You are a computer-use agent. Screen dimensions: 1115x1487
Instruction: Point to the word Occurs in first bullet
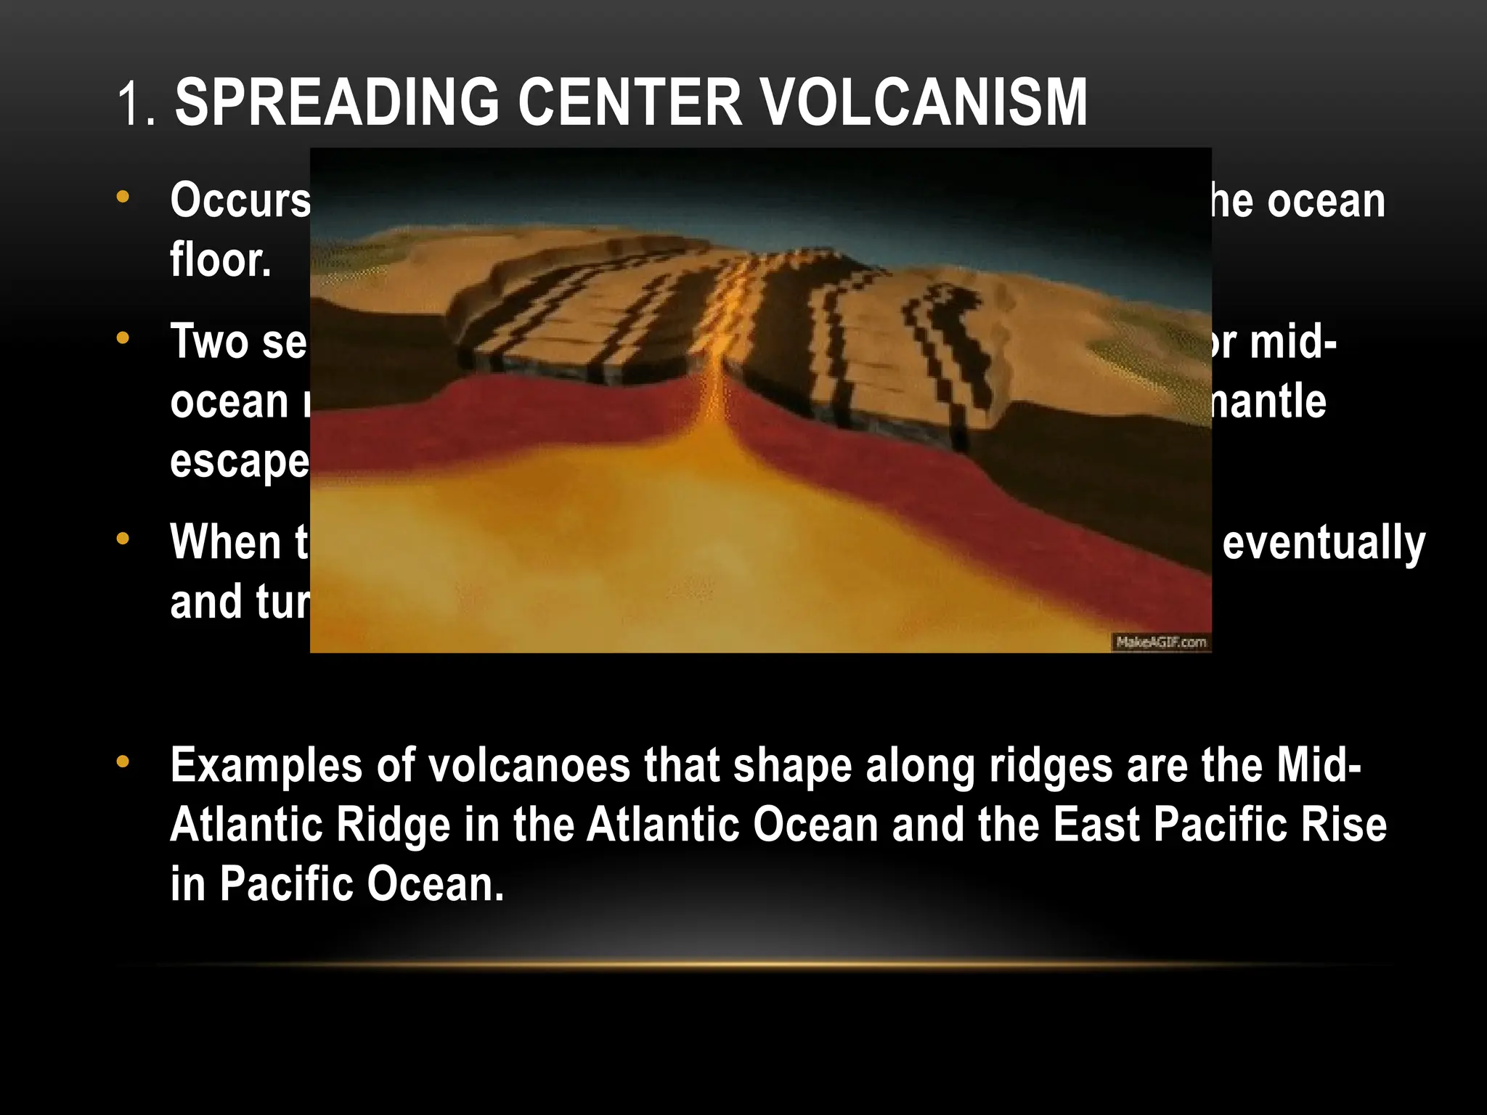pos(240,200)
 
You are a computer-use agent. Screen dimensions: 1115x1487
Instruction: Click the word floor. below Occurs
pos(221,260)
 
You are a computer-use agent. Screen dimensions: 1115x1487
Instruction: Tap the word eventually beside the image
pos(1324,544)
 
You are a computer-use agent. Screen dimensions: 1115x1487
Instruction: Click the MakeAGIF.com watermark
pos(1160,642)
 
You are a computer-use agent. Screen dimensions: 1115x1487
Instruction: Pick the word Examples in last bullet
pos(266,766)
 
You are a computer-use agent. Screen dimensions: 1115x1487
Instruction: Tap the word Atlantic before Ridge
pos(247,825)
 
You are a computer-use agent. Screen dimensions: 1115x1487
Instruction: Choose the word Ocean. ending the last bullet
pos(434,884)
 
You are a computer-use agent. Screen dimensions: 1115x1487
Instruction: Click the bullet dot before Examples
pos(123,761)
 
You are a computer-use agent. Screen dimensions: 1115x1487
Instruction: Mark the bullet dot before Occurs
pos(123,196)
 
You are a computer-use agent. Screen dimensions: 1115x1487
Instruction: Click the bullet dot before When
pos(123,539)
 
